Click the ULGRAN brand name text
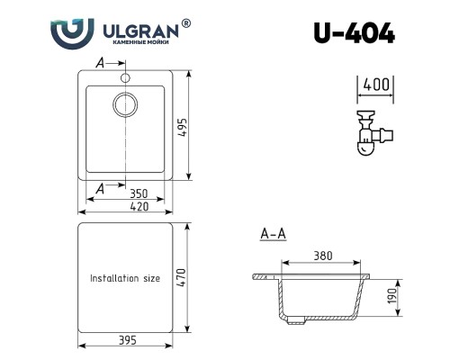141,31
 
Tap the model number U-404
355,33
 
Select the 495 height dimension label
182,128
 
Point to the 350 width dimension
139,193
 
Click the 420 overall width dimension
139,207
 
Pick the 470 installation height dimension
181,277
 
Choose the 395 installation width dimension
128,340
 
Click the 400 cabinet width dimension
376,85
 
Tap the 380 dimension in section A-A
323,256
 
